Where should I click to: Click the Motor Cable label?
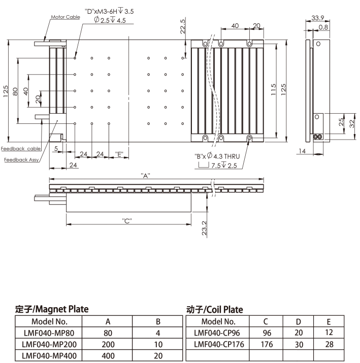[66, 17]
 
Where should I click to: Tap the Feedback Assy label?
[21, 160]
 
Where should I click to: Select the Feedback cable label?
[21, 149]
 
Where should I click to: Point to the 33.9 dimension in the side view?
[318, 18]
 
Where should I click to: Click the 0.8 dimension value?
[323, 27]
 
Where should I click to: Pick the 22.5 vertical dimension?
[183, 26]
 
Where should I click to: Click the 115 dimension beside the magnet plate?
[273, 89]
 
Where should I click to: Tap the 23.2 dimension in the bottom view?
[204, 228]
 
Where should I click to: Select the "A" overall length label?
[145, 176]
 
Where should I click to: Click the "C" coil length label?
[127, 221]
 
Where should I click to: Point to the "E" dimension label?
[119, 154]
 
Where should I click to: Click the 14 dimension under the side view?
[302, 151]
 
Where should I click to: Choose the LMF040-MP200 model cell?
[49, 345]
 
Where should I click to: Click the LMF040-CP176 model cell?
[219, 344]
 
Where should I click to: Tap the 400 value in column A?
[108, 356]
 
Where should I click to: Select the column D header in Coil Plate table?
[299, 322]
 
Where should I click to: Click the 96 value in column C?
[267, 333]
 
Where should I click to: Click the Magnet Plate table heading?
[52, 309]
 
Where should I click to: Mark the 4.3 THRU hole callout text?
[226, 156]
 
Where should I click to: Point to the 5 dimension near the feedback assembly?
[56, 148]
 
